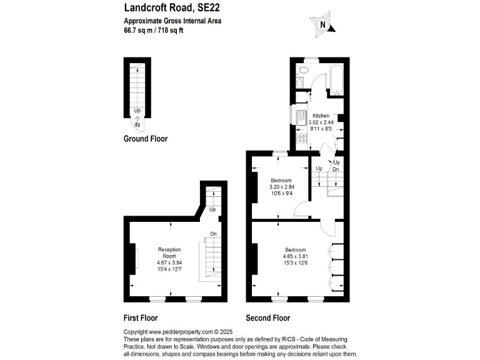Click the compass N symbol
point(322,25)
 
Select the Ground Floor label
point(145,139)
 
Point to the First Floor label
point(141,317)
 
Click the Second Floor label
point(267,317)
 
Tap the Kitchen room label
point(321,116)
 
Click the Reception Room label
point(169,252)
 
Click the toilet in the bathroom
point(299,82)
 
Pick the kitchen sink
point(300,117)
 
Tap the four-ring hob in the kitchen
point(300,139)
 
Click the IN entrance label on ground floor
point(137,124)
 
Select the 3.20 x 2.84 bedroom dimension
point(281,187)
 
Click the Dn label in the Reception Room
point(213,234)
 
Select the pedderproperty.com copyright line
point(177,332)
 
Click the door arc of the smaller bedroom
point(301,211)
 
